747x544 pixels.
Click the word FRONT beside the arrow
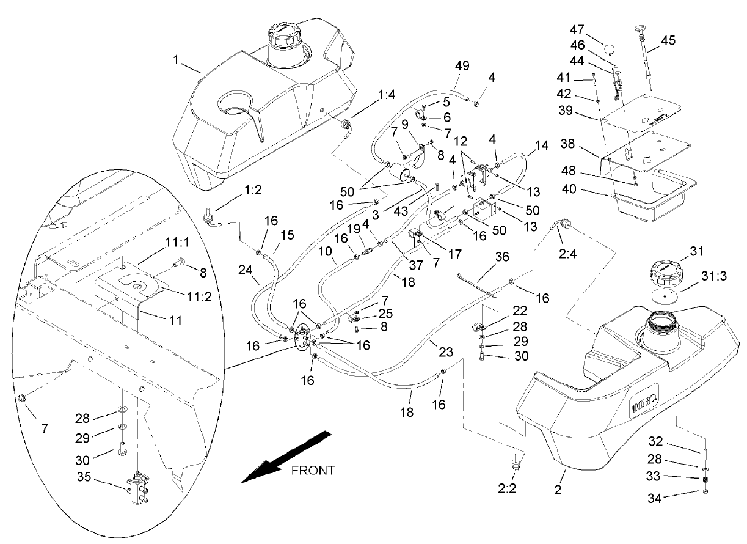313,470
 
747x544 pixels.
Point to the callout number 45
668,40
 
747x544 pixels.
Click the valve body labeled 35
139,490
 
